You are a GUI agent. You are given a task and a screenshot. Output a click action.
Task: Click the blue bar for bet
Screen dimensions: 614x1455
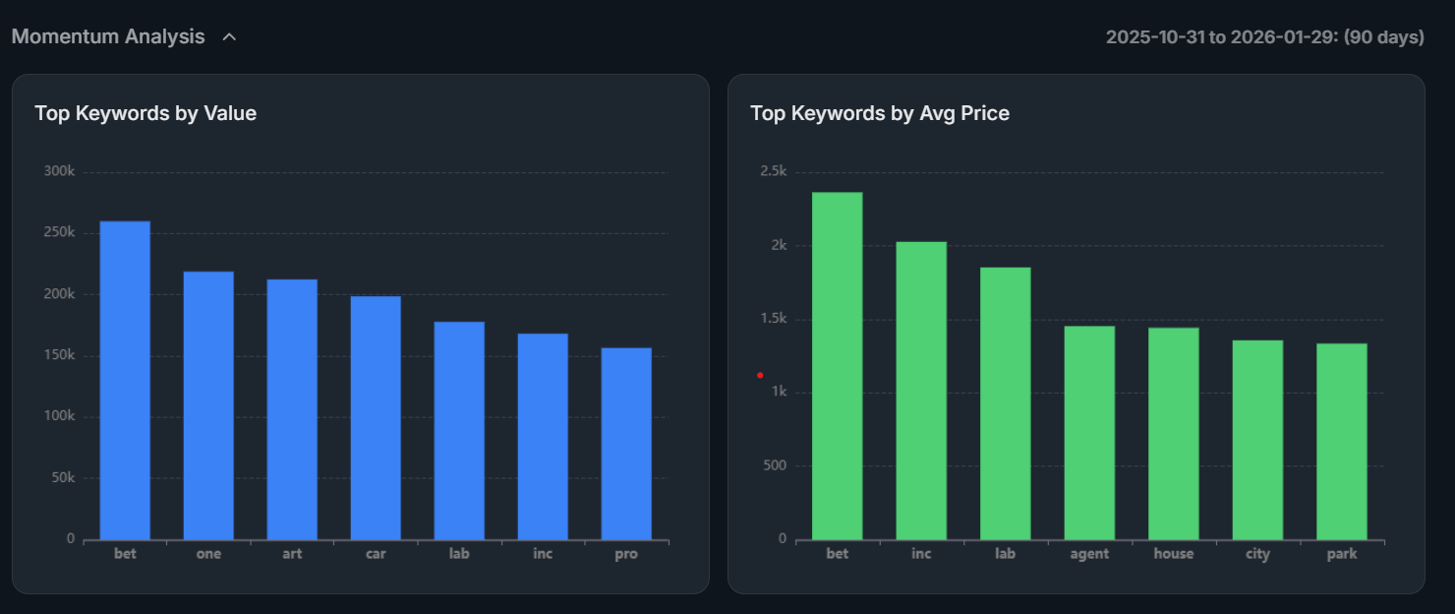point(125,380)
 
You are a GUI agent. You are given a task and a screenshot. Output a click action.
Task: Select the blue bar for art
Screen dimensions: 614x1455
point(292,409)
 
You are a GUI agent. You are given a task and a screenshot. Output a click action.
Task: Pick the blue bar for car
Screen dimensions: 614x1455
point(376,417)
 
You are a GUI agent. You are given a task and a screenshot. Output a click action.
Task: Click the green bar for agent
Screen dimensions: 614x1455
point(1089,433)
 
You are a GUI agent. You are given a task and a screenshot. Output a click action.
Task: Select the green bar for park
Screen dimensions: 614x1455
point(1341,441)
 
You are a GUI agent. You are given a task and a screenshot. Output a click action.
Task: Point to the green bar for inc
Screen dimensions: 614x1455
point(921,390)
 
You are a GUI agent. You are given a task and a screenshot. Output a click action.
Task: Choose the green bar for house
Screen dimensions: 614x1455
point(1174,433)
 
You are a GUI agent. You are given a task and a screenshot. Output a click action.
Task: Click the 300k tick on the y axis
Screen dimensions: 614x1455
point(59,171)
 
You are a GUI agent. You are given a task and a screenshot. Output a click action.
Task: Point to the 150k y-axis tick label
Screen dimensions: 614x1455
point(59,354)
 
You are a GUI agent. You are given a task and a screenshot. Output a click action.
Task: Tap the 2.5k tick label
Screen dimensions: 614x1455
point(773,171)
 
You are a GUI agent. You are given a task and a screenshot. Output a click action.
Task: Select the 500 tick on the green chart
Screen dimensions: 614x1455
point(775,465)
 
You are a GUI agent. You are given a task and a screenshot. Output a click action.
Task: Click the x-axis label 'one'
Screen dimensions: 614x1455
point(208,554)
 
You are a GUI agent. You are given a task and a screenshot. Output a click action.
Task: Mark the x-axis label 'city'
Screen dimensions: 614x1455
point(1257,554)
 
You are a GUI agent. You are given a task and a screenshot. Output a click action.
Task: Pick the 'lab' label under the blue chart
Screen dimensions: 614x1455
point(459,554)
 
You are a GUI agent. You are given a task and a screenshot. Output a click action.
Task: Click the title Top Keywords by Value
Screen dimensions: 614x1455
point(145,113)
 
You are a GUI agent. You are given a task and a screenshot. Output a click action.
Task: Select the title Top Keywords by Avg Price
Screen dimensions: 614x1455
point(880,113)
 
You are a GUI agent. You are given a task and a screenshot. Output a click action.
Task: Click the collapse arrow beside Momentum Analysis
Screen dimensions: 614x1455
point(229,37)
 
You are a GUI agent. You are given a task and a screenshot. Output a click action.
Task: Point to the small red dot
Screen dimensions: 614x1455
point(760,375)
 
